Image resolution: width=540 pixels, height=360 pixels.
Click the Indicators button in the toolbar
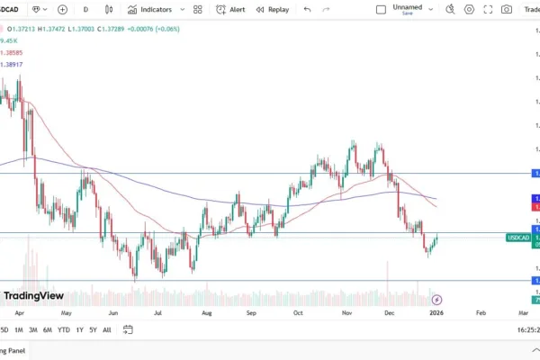point(149,9)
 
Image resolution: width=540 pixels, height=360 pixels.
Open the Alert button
point(230,9)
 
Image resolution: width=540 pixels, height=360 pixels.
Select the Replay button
point(272,9)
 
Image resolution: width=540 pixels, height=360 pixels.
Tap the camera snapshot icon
point(507,9)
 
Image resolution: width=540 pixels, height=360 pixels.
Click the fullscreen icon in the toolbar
point(488,9)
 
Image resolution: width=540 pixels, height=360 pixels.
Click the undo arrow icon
point(308,9)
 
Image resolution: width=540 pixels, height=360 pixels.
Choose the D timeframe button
point(85,9)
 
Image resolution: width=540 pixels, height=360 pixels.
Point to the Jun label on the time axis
point(112,313)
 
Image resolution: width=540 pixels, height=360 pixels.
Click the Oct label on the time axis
point(298,313)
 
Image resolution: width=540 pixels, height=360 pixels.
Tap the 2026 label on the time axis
point(436,313)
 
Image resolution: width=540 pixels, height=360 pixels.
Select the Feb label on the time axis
point(480,313)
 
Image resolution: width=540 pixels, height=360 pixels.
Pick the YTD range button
point(63,329)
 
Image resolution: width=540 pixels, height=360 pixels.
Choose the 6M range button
point(47,329)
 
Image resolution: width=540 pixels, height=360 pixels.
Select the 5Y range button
point(93,329)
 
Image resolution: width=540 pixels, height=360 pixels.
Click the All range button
point(107,329)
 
